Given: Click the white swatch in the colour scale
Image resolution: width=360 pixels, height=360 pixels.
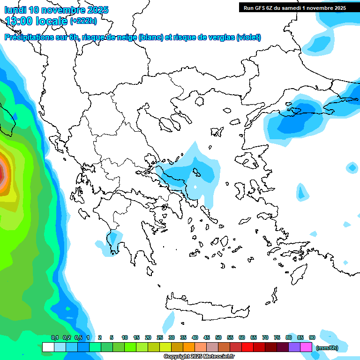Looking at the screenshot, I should tap(48, 347).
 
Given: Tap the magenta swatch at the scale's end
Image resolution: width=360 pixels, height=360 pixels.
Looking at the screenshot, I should tap(306, 347).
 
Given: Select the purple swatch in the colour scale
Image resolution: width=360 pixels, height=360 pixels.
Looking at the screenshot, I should tap(294, 347).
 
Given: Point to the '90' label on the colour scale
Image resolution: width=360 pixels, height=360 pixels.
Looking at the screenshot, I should tap(312, 337).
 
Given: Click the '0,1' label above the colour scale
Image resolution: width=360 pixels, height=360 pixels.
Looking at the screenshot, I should tap(54, 337).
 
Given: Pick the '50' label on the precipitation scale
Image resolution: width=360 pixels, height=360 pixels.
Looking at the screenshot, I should tap(218, 337).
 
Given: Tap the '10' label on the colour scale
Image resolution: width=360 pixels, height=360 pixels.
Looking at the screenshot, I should tap(125, 337).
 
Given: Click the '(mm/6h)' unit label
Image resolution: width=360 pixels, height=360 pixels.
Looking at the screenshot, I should tap(327, 348).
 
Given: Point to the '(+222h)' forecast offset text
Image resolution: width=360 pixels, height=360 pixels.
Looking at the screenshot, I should tap(83, 21).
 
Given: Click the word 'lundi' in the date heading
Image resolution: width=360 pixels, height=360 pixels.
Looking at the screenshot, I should tap(15, 10).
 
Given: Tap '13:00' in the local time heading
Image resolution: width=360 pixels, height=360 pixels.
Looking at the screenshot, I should tap(18, 21).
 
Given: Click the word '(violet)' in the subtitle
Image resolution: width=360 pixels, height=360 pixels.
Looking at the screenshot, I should tap(248, 37).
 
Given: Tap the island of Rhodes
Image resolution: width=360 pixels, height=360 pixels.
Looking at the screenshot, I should tap(298, 274).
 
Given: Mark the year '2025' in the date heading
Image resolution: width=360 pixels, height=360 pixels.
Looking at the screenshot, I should tap(96, 10).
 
